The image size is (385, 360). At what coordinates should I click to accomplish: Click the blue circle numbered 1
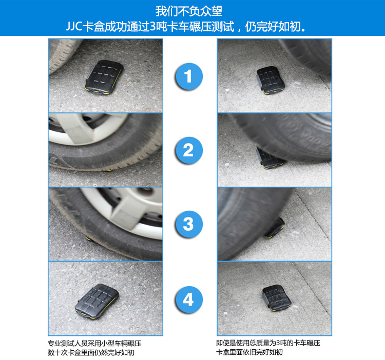189,76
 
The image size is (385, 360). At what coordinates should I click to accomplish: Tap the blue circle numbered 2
189,150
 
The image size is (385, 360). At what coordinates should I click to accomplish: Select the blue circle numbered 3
189,224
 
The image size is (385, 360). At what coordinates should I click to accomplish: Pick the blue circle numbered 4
189,299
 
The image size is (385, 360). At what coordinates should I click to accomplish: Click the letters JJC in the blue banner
74,27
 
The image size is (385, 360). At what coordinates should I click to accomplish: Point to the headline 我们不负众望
189,11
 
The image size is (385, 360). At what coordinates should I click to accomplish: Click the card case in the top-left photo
104,77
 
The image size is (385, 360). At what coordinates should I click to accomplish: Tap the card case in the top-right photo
271,80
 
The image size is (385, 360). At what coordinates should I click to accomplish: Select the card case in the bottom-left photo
97,302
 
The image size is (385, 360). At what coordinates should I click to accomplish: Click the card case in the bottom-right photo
277,298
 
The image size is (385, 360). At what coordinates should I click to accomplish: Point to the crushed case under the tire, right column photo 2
269,158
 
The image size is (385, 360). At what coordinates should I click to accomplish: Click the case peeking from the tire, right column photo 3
276,227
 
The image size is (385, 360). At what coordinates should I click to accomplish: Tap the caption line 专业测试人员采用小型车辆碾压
94,343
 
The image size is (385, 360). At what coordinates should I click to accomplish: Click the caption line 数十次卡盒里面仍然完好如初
91,353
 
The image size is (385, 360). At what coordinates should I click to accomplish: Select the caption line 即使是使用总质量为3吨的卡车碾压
268,343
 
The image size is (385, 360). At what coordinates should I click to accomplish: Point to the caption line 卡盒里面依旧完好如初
249,352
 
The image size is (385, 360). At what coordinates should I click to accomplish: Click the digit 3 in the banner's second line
152,27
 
